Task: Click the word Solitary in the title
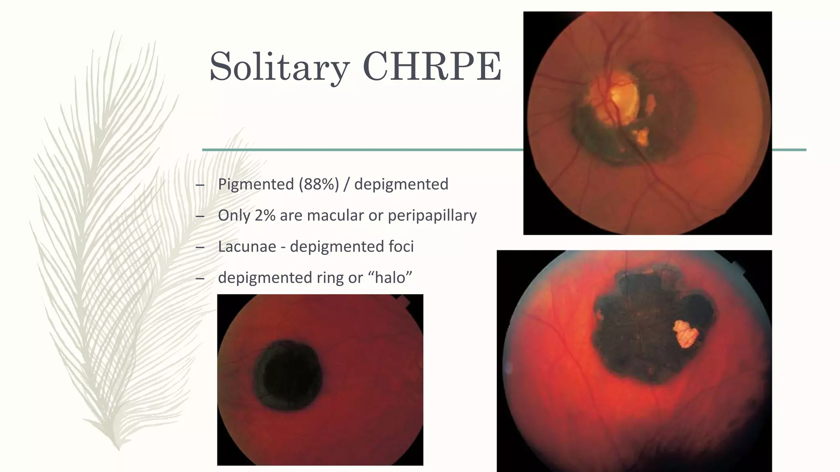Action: pyautogui.click(x=279, y=66)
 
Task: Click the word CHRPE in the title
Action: pyautogui.click(x=431, y=66)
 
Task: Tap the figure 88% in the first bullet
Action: pyautogui.click(x=319, y=184)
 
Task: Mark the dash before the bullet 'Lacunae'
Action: pyautogui.click(x=200, y=247)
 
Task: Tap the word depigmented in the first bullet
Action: pyautogui.click(x=401, y=184)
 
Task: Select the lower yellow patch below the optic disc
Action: pyautogui.click(x=641, y=136)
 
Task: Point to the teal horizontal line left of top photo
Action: pyautogui.click(x=361, y=150)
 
